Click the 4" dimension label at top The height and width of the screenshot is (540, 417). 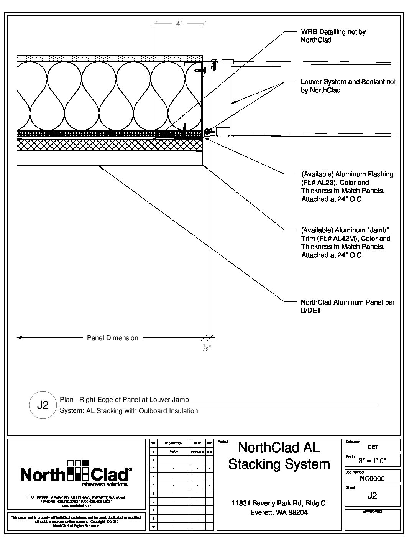(x=179, y=24)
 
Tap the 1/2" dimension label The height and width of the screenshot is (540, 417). (x=207, y=348)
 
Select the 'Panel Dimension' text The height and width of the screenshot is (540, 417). (x=112, y=338)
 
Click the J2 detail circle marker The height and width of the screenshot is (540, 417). (x=43, y=405)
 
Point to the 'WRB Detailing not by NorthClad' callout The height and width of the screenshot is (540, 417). (x=333, y=36)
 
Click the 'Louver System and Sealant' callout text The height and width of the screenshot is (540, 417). (x=348, y=86)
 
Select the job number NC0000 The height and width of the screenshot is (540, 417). (x=372, y=478)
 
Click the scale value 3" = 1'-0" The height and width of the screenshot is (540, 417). (x=372, y=460)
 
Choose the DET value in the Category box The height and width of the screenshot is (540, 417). (x=373, y=447)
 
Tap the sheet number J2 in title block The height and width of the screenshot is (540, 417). (x=372, y=496)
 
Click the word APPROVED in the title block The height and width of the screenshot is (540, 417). (x=372, y=512)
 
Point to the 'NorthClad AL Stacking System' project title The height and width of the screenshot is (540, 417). (x=279, y=456)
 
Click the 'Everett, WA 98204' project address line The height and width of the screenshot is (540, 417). (x=279, y=512)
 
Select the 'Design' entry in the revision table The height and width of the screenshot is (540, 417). (x=174, y=451)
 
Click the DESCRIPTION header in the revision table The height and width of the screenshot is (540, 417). (x=174, y=443)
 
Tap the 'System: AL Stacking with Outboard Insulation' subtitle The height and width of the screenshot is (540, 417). (x=129, y=411)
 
